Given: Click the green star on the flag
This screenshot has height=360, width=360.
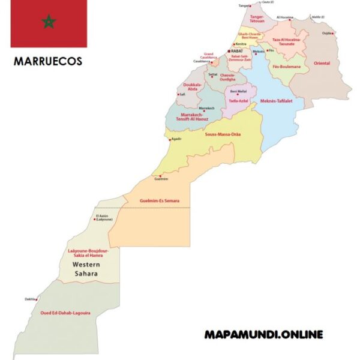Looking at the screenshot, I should click(49, 23).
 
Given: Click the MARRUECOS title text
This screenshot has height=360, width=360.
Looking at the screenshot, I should click(48, 61).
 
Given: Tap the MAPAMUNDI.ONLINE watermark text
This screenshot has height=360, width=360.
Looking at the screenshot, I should click(263, 334).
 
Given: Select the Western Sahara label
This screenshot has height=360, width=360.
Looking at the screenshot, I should click(86, 269).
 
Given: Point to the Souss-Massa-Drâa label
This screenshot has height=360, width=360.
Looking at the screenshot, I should click(223, 134).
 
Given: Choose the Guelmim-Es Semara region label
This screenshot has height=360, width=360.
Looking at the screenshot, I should click(160, 200).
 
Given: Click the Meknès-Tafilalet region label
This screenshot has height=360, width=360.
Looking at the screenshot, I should click(276, 101).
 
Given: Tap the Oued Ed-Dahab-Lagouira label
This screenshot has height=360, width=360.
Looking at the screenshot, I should click(65, 313).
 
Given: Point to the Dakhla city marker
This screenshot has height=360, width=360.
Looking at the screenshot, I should click(37, 299).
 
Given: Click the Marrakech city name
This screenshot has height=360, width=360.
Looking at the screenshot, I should click(206, 108).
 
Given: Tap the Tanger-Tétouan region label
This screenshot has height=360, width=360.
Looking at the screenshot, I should click(257, 19).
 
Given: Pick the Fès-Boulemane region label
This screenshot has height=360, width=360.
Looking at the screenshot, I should click(286, 67).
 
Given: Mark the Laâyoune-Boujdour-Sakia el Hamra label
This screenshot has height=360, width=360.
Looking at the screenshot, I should click(88, 253).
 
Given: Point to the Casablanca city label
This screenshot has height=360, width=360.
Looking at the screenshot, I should click(202, 61).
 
